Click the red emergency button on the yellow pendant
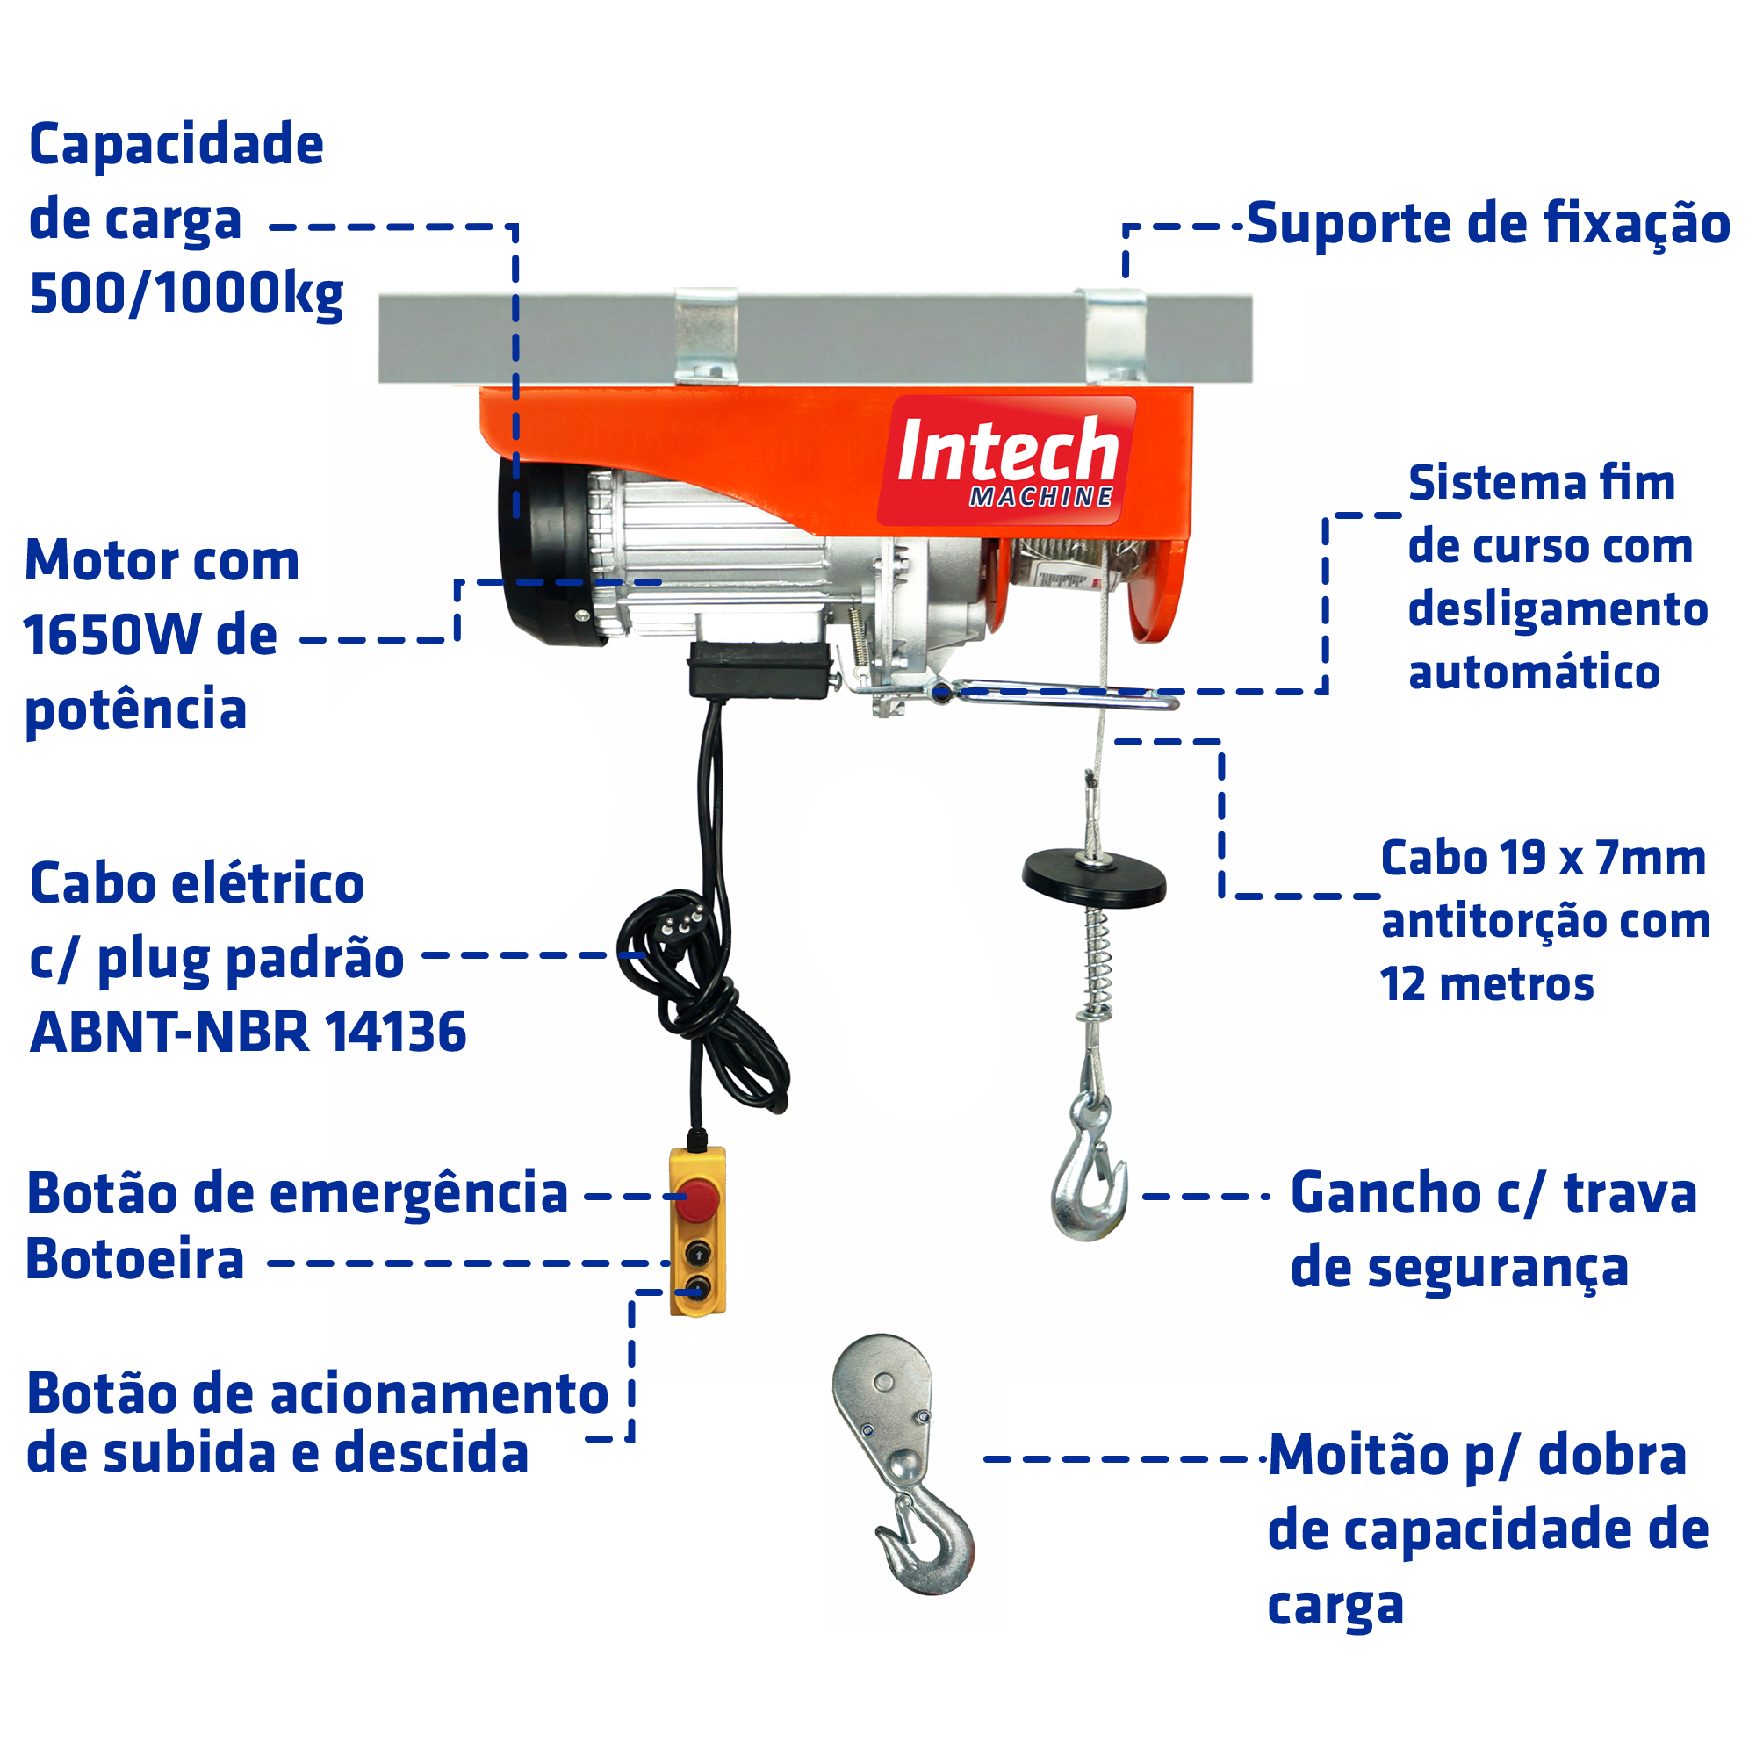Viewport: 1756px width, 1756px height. [x=698, y=1198]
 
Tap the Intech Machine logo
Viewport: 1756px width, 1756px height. [x=1006, y=461]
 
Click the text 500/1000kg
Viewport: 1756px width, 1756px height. [x=186, y=293]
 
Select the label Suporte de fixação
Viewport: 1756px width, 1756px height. [x=1487, y=224]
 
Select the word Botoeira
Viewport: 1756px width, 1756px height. [x=135, y=1261]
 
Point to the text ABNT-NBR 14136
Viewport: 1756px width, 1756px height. [x=248, y=1032]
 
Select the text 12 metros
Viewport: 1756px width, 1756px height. [x=1486, y=984]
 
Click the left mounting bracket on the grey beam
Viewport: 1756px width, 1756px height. [x=705, y=335]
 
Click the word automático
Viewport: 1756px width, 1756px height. [x=1533, y=673]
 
